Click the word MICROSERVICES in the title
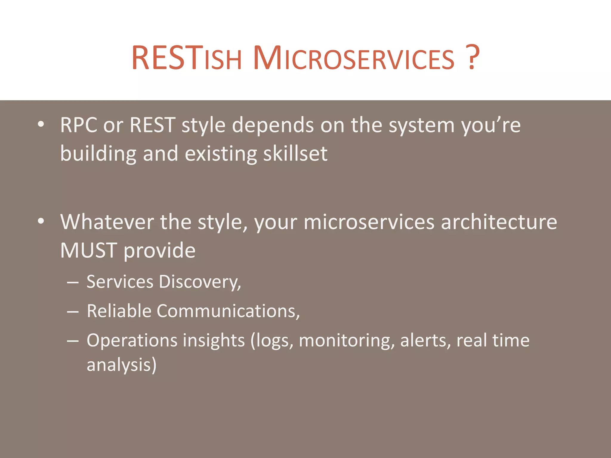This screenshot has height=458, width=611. [354, 58]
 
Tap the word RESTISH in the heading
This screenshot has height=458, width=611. [186, 58]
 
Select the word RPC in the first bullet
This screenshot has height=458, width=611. [79, 125]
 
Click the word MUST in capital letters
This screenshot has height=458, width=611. [88, 250]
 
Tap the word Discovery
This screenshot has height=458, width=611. [199, 282]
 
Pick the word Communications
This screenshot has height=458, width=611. [228, 311]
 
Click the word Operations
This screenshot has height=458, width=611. [132, 340]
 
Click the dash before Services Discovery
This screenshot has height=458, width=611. [73, 282]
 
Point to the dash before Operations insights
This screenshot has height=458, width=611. [73, 341]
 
